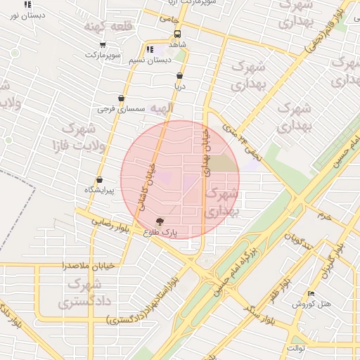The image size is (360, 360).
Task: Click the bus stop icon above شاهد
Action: pos(176,33)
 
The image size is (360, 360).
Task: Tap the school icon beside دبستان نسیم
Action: pos(150,49)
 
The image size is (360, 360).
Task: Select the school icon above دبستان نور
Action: pos(28,4)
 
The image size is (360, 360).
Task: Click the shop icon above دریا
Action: pos(179,75)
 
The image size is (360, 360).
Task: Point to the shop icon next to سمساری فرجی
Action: pos(122,98)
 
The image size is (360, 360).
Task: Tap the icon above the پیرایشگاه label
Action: pos(99,179)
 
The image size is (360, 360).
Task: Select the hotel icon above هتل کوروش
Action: pos(311,293)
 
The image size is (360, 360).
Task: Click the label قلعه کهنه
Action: pos(102,27)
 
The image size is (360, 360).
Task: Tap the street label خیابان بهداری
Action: pos(205,150)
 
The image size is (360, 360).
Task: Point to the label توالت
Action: pos(295,348)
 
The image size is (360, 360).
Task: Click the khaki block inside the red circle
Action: pos(223,163)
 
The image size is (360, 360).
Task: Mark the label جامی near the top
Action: pos(169,19)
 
